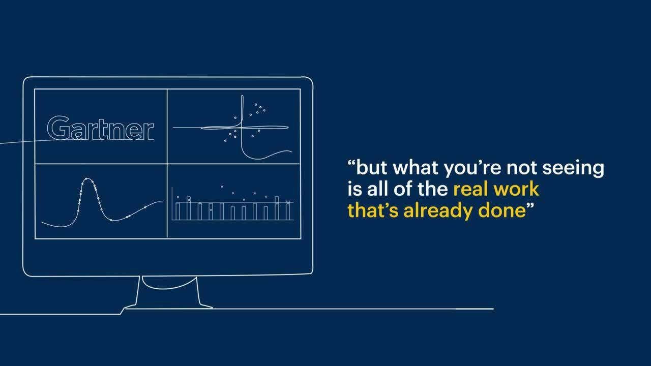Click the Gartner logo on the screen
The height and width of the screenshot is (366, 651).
pyautogui.click(x=101, y=128)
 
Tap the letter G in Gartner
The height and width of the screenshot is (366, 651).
pyautogui.click(x=57, y=128)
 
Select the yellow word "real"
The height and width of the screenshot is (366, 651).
pyautogui.click(x=471, y=189)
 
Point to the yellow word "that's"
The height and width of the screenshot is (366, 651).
pyautogui.click(x=373, y=210)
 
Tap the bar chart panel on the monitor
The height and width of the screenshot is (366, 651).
pyautogui.click(x=233, y=201)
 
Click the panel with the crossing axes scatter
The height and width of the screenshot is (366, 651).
pyautogui.click(x=233, y=126)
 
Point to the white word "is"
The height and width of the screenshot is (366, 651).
pyautogui.click(x=353, y=189)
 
